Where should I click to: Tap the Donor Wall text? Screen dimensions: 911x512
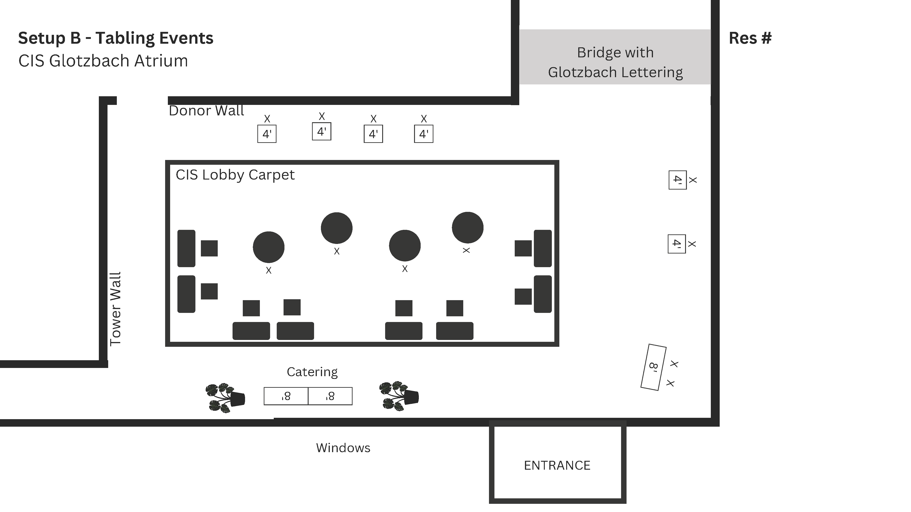(x=206, y=111)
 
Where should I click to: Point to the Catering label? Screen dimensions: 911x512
(x=312, y=372)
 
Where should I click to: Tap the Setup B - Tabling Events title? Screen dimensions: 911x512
(x=116, y=38)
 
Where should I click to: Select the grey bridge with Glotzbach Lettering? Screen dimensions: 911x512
(x=615, y=57)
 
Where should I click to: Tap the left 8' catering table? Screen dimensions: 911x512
(x=286, y=396)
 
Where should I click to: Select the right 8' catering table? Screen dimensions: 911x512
(x=330, y=396)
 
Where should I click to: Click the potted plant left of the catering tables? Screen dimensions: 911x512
(x=225, y=398)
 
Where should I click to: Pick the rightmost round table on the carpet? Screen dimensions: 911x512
(x=468, y=228)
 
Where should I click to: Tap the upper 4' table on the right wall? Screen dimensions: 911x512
(x=678, y=180)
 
